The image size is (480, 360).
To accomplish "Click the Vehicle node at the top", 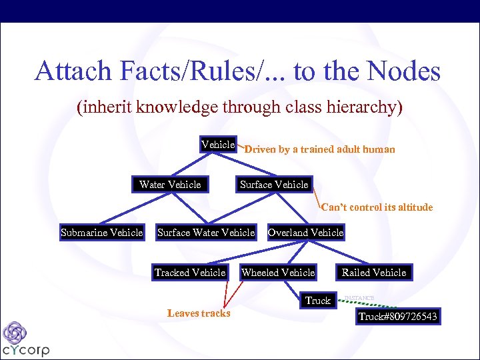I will pyautogui.click(x=218, y=145).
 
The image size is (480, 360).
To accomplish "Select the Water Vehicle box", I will pyautogui.click(x=170, y=184).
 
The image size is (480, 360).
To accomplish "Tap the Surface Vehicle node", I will pyautogui.click(x=274, y=184).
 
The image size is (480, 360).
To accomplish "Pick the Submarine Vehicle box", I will pyautogui.click(x=101, y=233).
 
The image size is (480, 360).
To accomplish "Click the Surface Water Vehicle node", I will pyautogui.click(x=205, y=233).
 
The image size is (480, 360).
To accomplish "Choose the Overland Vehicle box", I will pyautogui.click(x=305, y=233).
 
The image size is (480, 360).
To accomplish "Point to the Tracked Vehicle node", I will pyautogui.click(x=190, y=272).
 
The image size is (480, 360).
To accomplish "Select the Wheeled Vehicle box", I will pyautogui.click(x=278, y=272).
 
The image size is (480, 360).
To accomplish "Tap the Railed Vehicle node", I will pyautogui.click(x=373, y=272).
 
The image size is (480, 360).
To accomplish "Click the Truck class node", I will pyautogui.click(x=318, y=301).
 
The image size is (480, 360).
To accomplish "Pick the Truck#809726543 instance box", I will pyautogui.click(x=398, y=317).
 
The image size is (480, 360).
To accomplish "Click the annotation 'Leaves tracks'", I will pyautogui.click(x=199, y=313).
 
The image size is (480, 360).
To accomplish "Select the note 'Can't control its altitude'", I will pyautogui.click(x=377, y=207).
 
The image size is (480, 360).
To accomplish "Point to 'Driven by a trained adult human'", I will pyautogui.click(x=319, y=150).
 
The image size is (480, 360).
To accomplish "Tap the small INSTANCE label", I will pyautogui.click(x=359, y=297).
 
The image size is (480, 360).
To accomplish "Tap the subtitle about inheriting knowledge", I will pyautogui.click(x=239, y=107).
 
